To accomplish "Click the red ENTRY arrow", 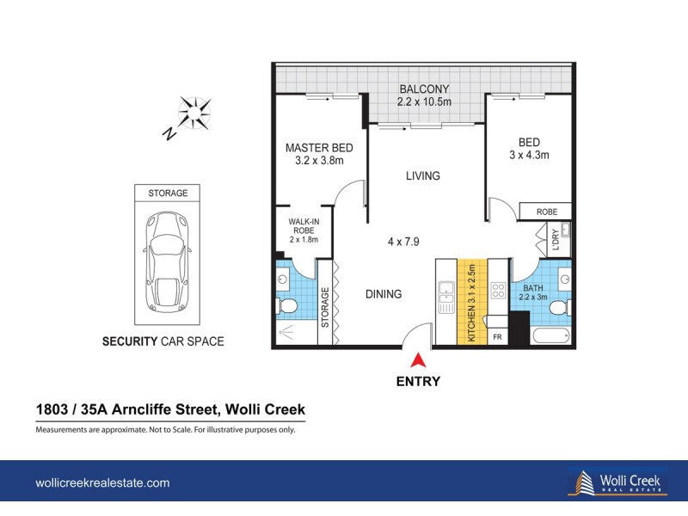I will click(x=419, y=361).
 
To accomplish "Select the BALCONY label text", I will click(x=423, y=89).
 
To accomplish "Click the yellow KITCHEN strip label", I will click(x=471, y=301).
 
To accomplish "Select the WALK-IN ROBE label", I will click(x=304, y=230).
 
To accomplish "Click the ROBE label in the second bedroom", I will click(x=546, y=212).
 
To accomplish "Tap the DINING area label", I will click(x=383, y=294).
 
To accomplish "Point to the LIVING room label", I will click(x=423, y=176).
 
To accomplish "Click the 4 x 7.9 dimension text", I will click(x=403, y=242).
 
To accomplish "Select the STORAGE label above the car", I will click(x=167, y=193).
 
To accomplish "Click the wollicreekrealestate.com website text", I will click(x=101, y=483).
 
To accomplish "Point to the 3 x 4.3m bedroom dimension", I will click(x=528, y=155).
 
